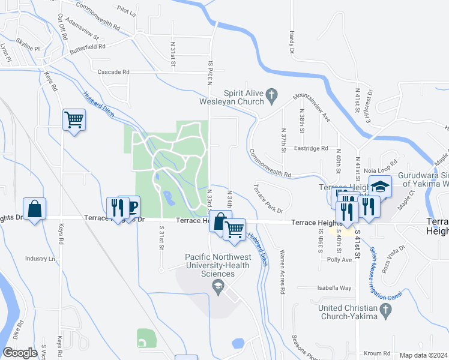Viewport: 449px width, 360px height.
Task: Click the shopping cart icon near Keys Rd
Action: click(74, 119)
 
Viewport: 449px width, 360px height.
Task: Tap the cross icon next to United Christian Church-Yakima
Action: click(386, 310)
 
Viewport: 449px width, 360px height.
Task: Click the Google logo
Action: click(20, 353)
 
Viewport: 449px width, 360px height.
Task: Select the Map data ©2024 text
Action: click(424, 355)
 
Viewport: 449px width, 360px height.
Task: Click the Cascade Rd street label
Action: click(113, 72)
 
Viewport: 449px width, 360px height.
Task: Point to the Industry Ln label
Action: click(40, 259)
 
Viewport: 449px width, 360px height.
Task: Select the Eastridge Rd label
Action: click(312, 148)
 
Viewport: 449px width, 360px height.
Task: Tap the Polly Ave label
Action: click(340, 260)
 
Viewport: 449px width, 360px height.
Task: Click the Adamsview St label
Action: click(83, 28)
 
